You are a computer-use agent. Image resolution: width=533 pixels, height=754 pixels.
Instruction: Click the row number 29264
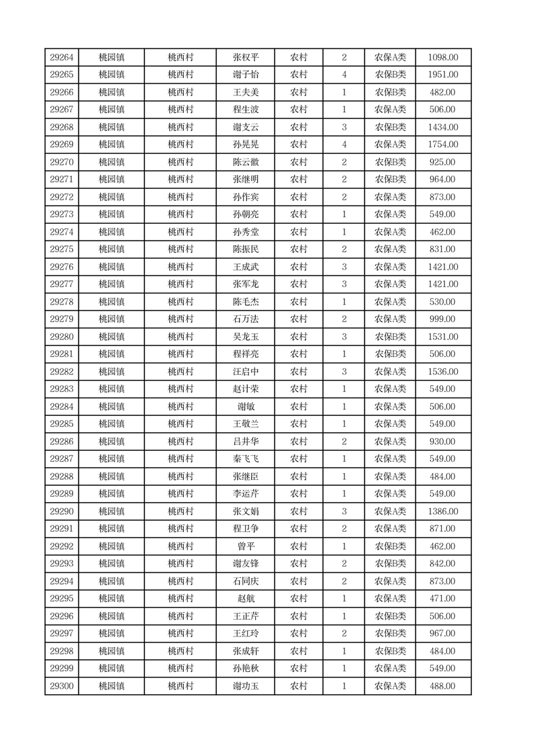pyautogui.click(x=62, y=58)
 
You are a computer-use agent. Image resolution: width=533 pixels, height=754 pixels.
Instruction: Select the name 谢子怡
pyautogui.click(x=246, y=75)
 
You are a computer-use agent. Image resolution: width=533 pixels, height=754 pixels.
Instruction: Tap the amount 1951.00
pyautogui.click(x=443, y=75)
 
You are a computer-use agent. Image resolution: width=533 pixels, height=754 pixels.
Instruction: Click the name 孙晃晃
pyautogui.click(x=246, y=144)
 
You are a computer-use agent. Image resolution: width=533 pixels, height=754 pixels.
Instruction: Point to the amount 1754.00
pyautogui.click(x=443, y=144)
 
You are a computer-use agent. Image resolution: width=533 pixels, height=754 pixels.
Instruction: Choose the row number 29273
pyautogui.click(x=62, y=214)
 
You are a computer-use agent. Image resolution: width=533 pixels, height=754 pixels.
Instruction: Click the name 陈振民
pyautogui.click(x=246, y=249)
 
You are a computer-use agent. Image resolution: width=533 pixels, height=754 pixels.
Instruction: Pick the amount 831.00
pyautogui.click(x=443, y=249)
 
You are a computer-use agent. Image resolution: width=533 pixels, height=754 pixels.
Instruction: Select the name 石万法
pyautogui.click(x=246, y=319)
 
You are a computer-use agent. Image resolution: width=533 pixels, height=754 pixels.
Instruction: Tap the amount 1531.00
pyautogui.click(x=443, y=337)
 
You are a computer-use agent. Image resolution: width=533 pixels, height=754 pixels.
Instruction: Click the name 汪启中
pyautogui.click(x=246, y=372)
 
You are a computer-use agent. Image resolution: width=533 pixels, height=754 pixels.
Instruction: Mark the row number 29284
pyautogui.click(x=62, y=407)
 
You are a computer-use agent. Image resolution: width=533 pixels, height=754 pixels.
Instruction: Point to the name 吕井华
pyautogui.click(x=246, y=442)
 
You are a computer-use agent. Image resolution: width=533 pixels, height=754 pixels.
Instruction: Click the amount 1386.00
pyautogui.click(x=443, y=511)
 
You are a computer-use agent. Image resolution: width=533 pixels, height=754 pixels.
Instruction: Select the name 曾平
pyautogui.click(x=246, y=546)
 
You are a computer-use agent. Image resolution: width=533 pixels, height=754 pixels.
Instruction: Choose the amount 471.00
pyautogui.click(x=443, y=599)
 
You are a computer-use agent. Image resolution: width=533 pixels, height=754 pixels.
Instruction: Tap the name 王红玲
pyautogui.click(x=246, y=634)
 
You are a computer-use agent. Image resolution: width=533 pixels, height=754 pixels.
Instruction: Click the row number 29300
pyautogui.click(x=62, y=686)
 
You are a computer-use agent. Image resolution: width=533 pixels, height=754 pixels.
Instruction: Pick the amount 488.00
pyautogui.click(x=443, y=686)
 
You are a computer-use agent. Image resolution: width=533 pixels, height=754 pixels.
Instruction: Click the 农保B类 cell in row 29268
pyautogui.click(x=390, y=127)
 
